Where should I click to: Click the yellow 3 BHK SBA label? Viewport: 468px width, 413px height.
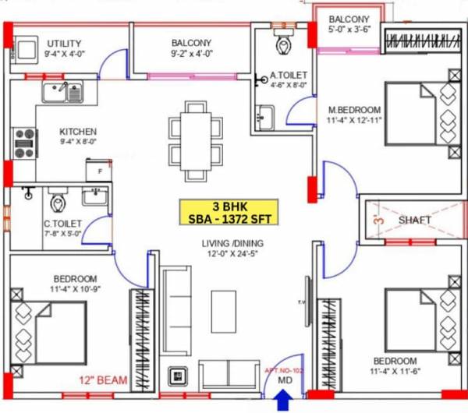pyautogui.click(x=231, y=212)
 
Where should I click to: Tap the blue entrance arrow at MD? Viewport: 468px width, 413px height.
pyautogui.click(x=284, y=402)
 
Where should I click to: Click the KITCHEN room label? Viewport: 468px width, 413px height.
pyautogui.click(x=78, y=132)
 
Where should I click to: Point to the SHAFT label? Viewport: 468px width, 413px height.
pyautogui.click(x=414, y=221)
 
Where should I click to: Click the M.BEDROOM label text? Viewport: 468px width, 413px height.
pyautogui.click(x=354, y=109)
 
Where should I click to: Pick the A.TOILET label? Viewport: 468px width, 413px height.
pyautogui.click(x=287, y=76)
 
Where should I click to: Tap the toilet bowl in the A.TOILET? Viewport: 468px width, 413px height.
pyautogui.click(x=283, y=44)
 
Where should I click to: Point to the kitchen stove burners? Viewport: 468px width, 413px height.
pyautogui.click(x=25, y=143)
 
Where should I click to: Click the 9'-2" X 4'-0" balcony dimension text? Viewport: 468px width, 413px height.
pyautogui.click(x=192, y=54)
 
